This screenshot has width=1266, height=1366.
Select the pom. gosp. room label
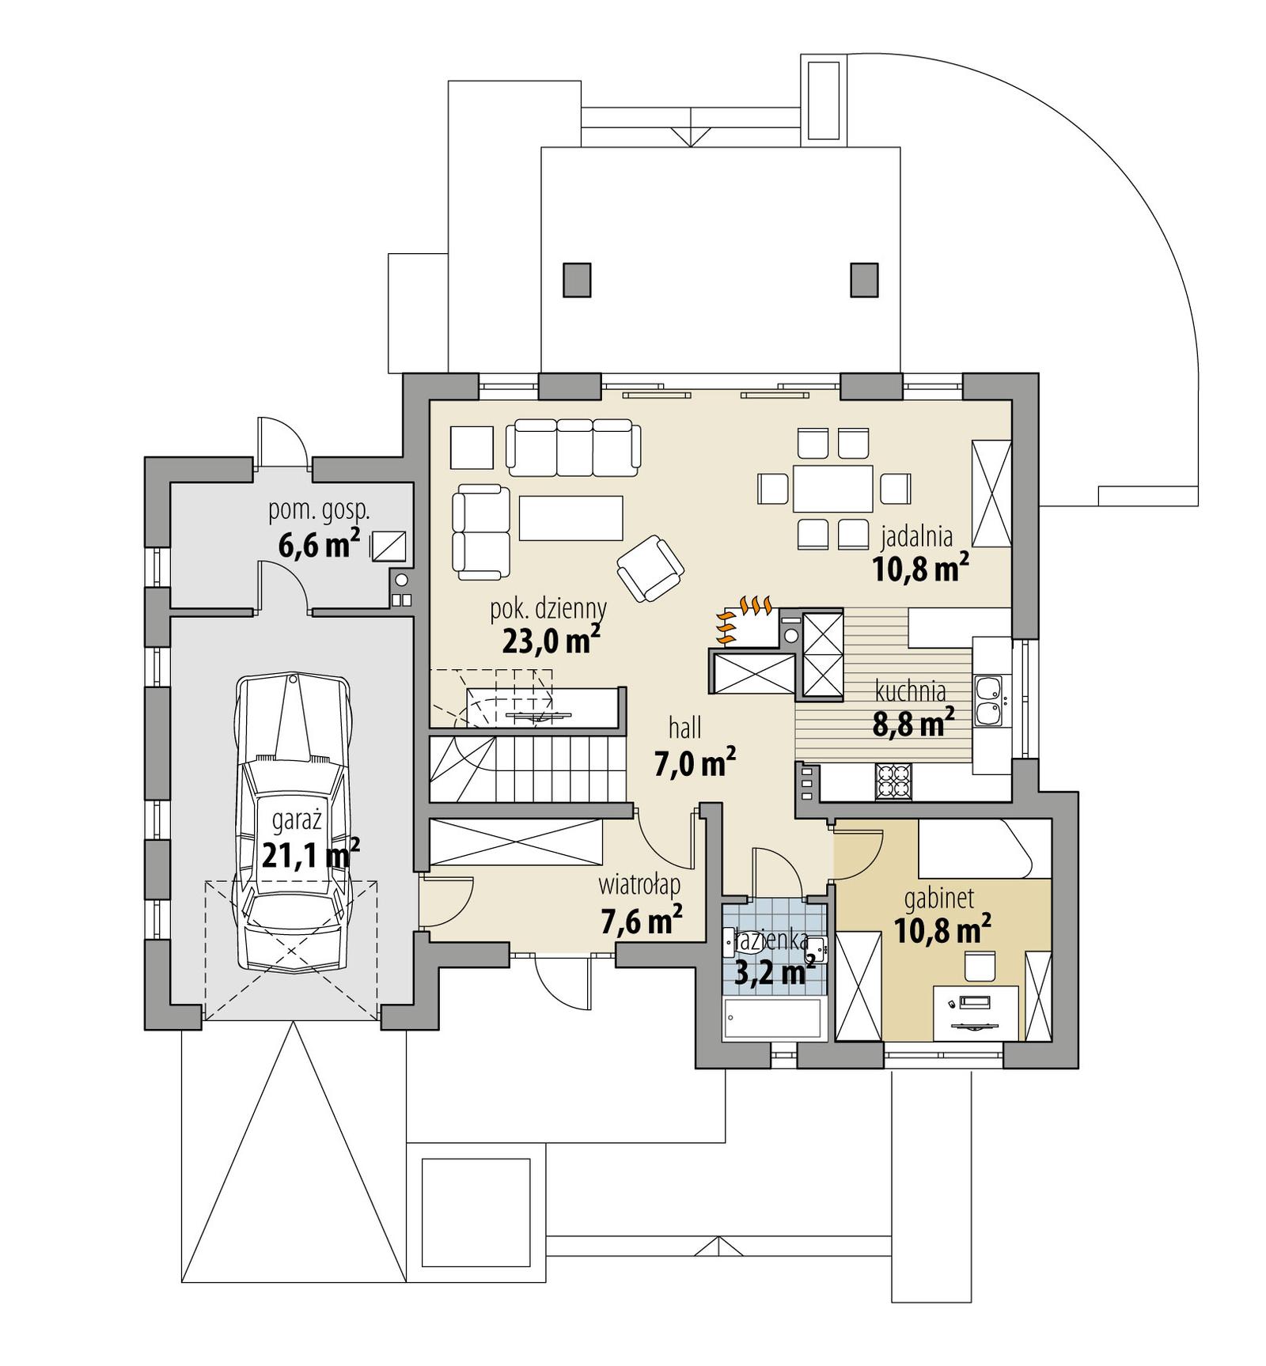coord(319,510)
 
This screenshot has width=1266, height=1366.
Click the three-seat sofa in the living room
coord(574,448)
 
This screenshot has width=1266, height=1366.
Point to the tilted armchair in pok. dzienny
coord(650,567)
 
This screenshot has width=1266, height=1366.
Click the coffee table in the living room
coord(570,518)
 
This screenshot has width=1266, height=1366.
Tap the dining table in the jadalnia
coord(832,489)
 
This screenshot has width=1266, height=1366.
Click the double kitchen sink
coord(988,700)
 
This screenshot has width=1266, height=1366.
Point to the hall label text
coord(684,728)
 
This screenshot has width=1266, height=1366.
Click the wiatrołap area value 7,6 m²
coord(642,921)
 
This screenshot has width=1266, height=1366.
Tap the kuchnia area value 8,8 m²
coord(912,723)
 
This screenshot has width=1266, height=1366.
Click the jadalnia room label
coord(916,537)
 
